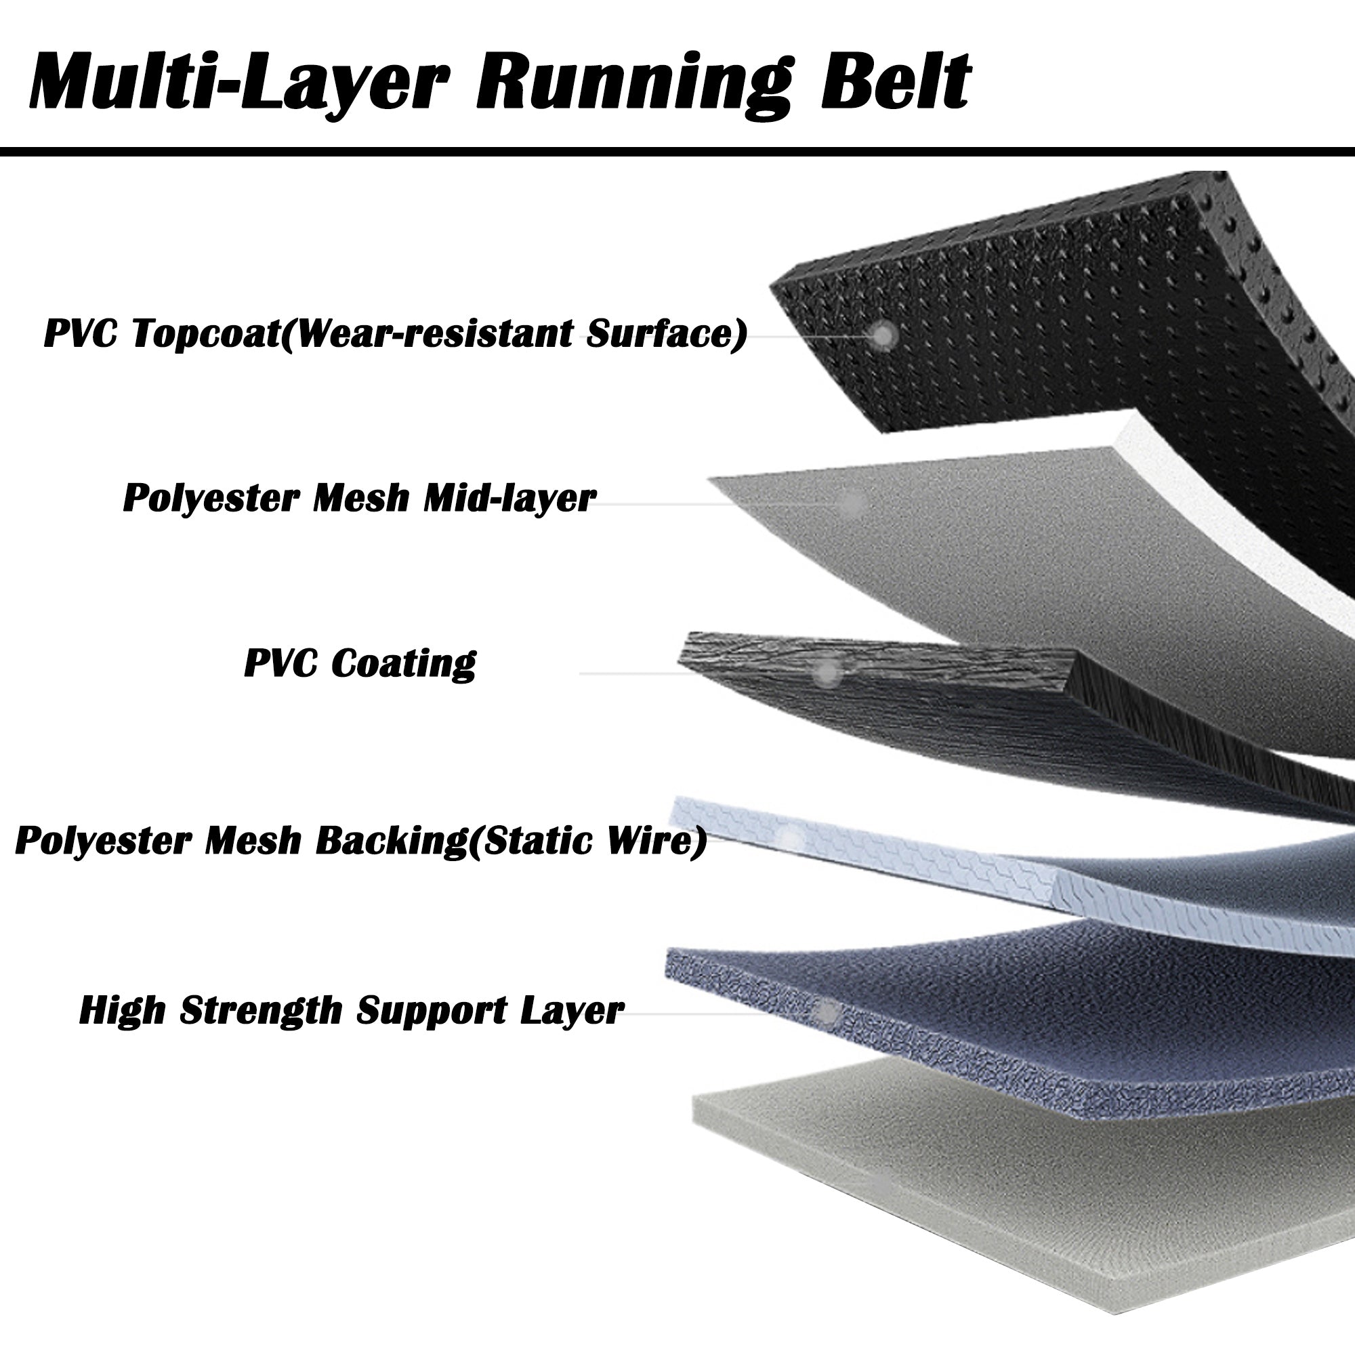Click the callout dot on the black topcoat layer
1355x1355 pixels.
coord(884,336)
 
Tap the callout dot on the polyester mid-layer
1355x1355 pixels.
coord(852,502)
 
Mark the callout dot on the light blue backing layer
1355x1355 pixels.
coord(791,838)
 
